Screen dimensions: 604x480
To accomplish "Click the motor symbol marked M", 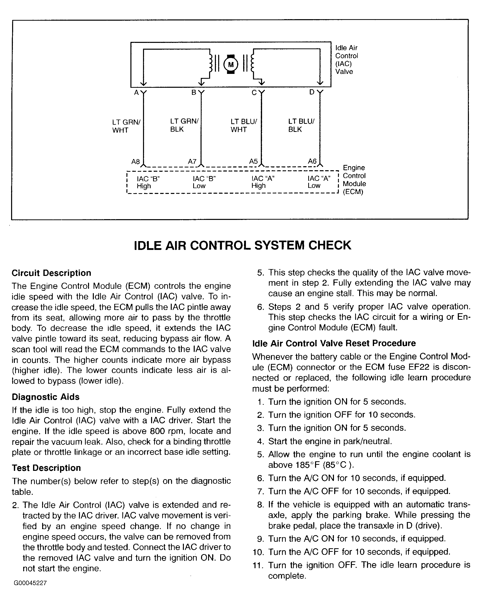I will pyautogui.click(x=231, y=65).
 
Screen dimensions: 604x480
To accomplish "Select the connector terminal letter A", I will pyautogui.click(x=136, y=93).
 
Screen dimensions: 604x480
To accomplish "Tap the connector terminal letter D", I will pyautogui.click(x=312, y=92).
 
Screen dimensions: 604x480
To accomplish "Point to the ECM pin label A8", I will pyautogui.click(x=136, y=162).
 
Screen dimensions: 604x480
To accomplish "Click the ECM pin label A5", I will pyautogui.click(x=253, y=161).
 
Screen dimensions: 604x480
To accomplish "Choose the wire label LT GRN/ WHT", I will pyautogui.click(x=126, y=126).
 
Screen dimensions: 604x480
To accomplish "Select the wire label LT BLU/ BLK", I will pyautogui.click(x=301, y=125).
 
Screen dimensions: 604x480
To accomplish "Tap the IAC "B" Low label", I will pyautogui.click(x=204, y=182).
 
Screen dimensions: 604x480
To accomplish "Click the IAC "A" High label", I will pyautogui.click(x=263, y=182).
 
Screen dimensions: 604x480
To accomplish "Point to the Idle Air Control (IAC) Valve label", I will pyautogui.click(x=346, y=60).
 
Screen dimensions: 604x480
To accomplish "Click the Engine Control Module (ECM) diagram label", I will pyautogui.click(x=354, y=180).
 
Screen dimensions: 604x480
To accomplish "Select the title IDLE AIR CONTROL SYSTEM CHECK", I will pyautogui.click(x=242, y=245).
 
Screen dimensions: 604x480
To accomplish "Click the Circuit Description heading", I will pyautogui.click(x=51, y=273).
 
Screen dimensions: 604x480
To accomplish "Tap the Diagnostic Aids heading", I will pyautogui.click(x=45, y=397).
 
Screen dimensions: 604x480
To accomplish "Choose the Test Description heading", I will pyautogui.click(x=46, y=468).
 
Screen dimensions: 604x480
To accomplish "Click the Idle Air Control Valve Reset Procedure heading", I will pyautogui.click(x=334, y=343).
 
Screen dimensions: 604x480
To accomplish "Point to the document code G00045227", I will pyautogui.click(x=30, y=583).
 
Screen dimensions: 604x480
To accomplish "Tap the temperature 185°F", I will pyautogui.click(x=308, y=465).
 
